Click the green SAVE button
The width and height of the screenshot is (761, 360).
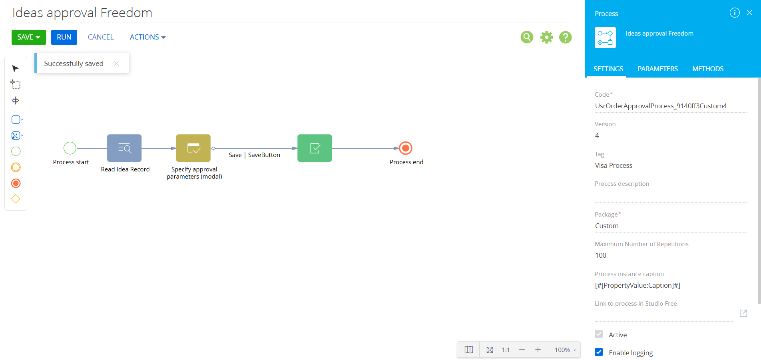(x=28, y=37)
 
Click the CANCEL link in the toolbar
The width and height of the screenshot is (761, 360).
(x=101, y=37)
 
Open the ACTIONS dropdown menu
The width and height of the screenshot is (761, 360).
(x=147, y=37)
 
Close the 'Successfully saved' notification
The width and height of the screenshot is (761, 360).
(x=116, y=64)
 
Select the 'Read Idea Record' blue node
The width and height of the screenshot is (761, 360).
(x=124, y=148)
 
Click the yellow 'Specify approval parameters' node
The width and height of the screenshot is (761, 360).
(x=193, y=148)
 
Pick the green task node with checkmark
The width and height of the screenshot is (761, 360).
(x=315, y=148)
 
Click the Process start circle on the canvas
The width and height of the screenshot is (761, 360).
(x=70, y=148)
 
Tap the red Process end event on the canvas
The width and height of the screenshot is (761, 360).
(x=406, y=148)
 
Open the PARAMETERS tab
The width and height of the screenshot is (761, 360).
(x=657, y=69)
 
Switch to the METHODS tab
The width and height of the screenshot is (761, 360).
(x=708, y=69)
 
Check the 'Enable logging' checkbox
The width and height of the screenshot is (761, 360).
(x=599, y=352)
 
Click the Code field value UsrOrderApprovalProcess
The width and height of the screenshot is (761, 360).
(x=661, y=106)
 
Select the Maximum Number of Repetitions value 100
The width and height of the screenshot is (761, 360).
(x=601, y=255)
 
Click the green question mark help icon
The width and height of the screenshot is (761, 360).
(x=565, y=37)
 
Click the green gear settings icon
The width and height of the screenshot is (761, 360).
(x=546, y=37)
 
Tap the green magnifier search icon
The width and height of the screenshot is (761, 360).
(x=527, y=37)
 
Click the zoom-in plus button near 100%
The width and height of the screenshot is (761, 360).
(x=538, y=350)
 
